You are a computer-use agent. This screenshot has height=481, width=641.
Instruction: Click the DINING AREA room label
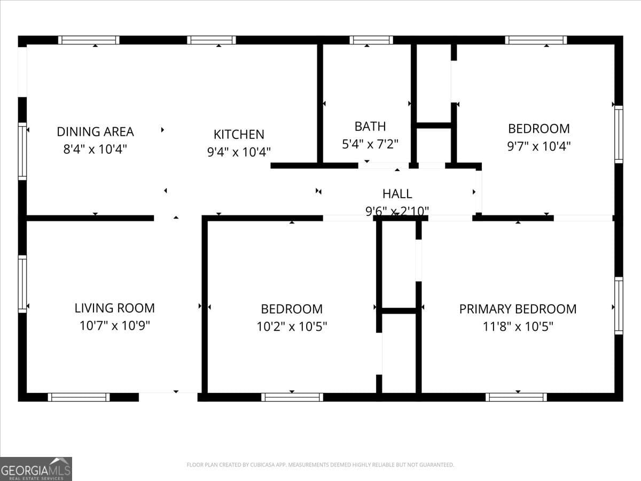95,131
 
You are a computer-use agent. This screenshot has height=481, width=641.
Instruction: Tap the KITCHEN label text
239,134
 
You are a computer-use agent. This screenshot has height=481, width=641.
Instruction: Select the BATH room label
370,126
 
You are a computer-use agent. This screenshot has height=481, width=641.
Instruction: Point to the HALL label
397,193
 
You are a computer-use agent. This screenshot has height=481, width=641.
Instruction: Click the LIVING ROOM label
114,308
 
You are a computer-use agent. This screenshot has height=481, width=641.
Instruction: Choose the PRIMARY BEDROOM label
518,309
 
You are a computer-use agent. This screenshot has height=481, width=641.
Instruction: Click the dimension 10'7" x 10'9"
114,325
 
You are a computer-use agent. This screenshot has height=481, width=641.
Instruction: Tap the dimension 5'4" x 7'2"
370,144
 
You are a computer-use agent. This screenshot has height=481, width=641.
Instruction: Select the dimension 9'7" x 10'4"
538,146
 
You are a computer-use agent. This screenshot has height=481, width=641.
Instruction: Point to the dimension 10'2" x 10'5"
292,326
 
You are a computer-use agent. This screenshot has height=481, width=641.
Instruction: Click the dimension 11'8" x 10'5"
518,326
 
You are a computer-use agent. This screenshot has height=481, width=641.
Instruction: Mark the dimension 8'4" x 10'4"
95,149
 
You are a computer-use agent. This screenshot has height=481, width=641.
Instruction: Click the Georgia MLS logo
36,469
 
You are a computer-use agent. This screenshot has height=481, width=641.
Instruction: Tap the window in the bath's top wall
371,40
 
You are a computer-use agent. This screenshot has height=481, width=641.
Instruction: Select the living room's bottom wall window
79,397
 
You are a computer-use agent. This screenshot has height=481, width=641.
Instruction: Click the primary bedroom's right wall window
619,306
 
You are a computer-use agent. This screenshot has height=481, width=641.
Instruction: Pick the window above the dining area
89,40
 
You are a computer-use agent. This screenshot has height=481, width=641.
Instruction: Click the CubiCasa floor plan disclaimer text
320,465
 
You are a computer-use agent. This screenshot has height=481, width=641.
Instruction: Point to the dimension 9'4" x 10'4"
239,152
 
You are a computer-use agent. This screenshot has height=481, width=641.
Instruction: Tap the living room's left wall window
22,284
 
